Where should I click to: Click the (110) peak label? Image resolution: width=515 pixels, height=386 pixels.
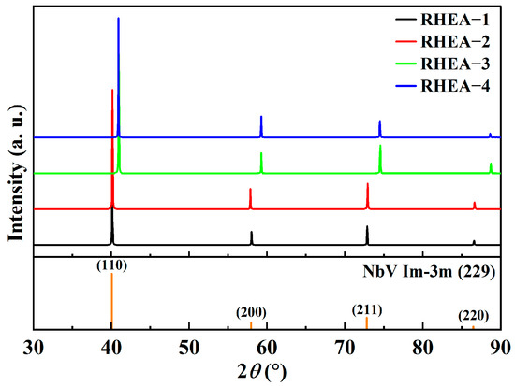pyautogui.click(x=112, y=264)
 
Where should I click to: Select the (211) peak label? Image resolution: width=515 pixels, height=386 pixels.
pyautogui.click(x=367, y=309)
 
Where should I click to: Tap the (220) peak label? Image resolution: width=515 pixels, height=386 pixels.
pyautogui.click(x=473, y=316)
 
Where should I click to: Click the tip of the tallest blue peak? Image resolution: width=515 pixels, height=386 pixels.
pyautogui.click(x=118, y=18)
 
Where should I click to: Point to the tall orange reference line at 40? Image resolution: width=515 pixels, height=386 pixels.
pyautogui.click(x=111, y=299)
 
